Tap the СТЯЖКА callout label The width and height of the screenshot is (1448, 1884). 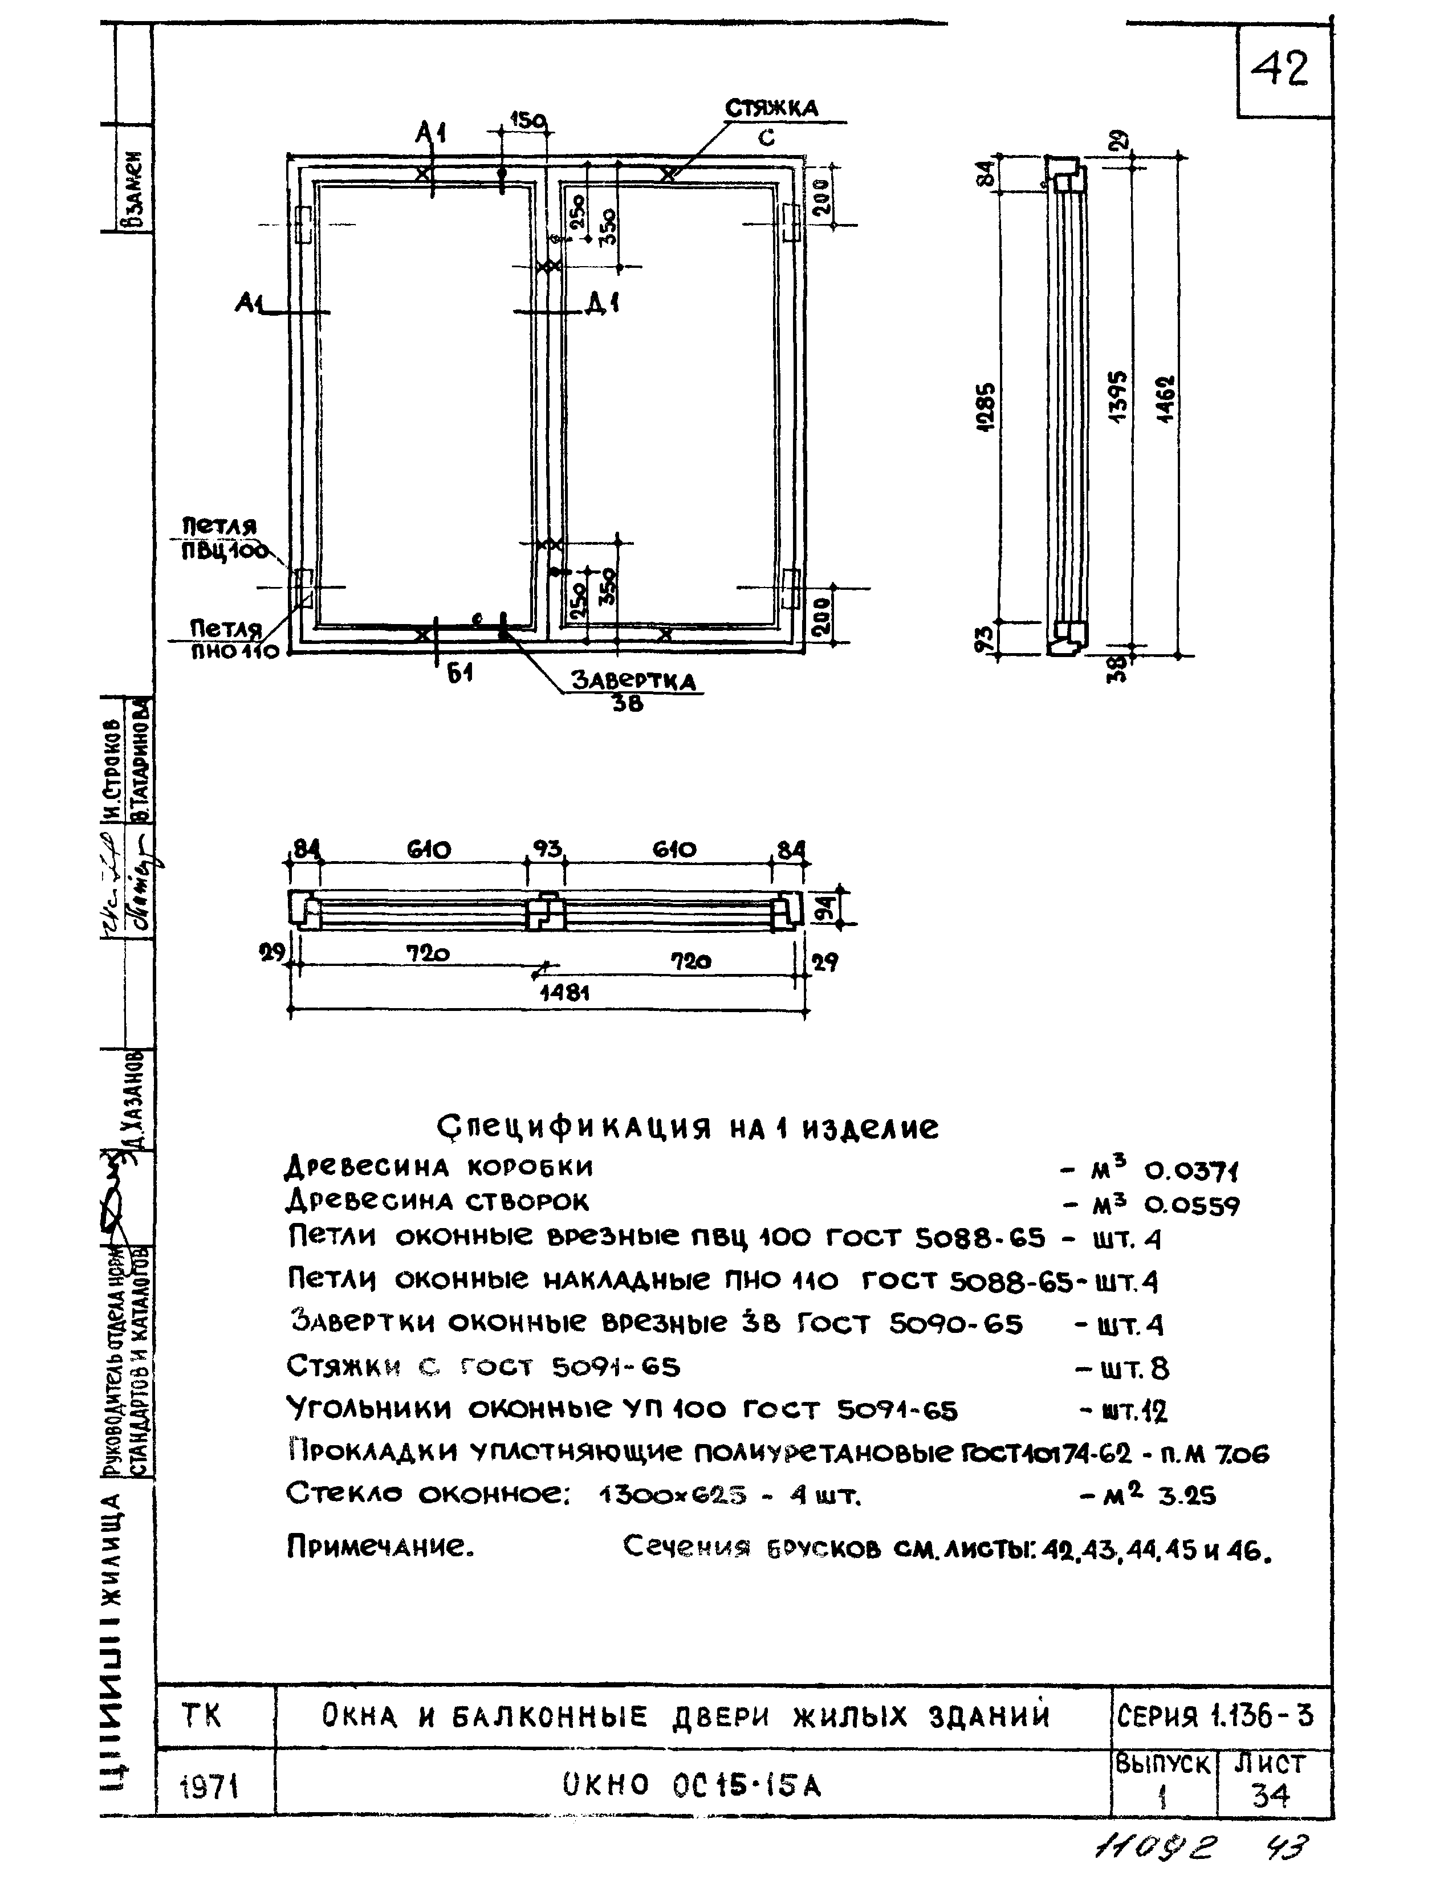(771, 108)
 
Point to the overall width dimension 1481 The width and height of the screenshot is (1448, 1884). (564, 993)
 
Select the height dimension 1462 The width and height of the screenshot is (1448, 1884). (1170, 405)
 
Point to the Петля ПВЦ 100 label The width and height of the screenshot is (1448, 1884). (222, 539)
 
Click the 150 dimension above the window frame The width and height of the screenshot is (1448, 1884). (527, 121)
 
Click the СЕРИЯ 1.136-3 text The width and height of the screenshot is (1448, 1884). (1215, 1717)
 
